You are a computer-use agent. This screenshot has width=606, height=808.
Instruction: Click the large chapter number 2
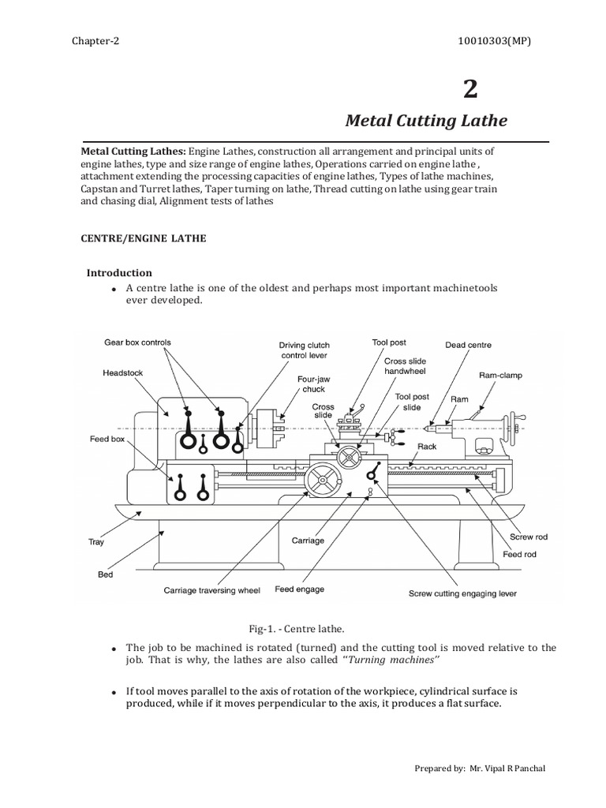click(x=470, y=89)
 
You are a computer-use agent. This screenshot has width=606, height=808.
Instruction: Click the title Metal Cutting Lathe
click(x=427, y=121)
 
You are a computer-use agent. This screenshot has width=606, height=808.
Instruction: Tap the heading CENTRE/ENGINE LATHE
click(x=144, y=238)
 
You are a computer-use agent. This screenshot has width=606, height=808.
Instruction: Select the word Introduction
click(x=119, y=272)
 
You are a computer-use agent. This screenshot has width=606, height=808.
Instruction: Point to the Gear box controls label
click(x=137, y=342)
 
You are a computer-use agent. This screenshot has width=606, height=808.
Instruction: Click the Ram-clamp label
click(x=500, y=375)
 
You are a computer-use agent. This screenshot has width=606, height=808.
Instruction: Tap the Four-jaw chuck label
click(x=313, y=384)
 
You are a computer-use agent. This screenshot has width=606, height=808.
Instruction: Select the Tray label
click(x=95, y=542)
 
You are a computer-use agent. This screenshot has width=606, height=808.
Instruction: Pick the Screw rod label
click(x=528, y=537)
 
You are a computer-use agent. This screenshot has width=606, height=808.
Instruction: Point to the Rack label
click(x=427, y=446)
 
